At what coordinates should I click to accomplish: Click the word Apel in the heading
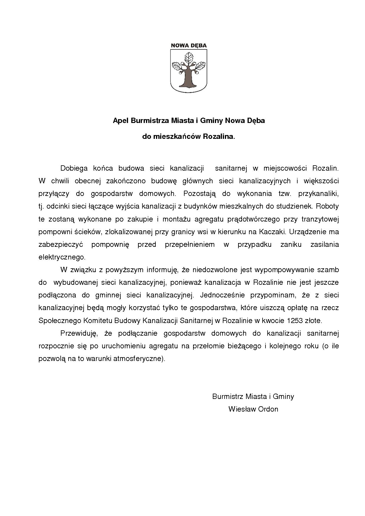tap(120, 121)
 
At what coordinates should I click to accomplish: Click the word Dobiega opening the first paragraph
tap(74, 168)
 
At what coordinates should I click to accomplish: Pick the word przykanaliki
tap(318, 194)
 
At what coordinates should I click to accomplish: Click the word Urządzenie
tap(307, 232)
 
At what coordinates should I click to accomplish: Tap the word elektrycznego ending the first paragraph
tap(62, 257)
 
